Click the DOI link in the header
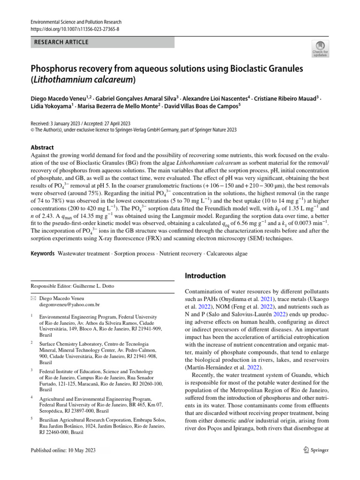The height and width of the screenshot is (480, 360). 75,29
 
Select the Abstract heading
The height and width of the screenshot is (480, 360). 43,147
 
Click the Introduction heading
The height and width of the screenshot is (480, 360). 205,276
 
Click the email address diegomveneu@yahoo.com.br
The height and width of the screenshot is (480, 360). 69,304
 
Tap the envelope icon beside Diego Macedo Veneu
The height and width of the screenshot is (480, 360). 33,298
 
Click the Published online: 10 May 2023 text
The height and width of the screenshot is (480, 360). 63,450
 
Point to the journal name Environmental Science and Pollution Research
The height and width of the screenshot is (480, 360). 75,22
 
